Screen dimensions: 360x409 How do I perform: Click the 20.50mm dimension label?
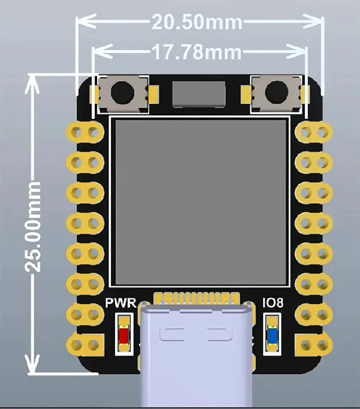point(197,22)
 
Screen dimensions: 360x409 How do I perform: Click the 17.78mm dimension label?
point(197,52)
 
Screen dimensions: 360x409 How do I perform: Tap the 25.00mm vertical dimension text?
point(33,227)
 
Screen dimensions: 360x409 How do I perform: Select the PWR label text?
point(121,303)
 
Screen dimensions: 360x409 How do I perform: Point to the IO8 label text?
point(273,303)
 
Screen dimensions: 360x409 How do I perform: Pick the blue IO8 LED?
point(273,336)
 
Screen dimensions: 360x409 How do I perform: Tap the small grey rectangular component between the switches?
point(199,94)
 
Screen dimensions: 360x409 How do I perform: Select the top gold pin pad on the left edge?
point(85,132)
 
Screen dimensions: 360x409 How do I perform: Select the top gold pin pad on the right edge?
point(314,132)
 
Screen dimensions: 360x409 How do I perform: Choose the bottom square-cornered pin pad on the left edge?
point(85,345)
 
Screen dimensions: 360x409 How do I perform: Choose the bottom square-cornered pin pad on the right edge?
point(314,345)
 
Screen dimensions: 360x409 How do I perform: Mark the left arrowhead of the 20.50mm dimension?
point(85,22)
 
